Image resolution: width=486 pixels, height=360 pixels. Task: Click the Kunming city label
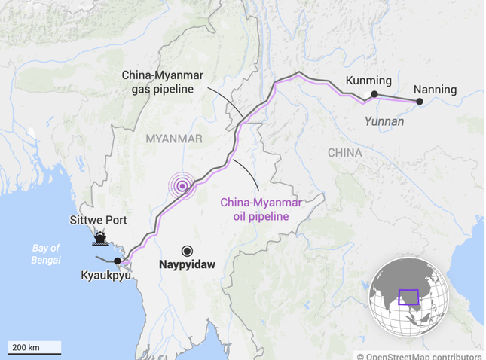point(368,81)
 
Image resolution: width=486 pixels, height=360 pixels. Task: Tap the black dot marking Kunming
point(374,94)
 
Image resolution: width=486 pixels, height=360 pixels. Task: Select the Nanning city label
point(436,90)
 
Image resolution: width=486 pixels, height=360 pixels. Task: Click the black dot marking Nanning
point(420,101)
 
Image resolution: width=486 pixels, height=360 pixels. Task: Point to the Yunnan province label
point(384,121)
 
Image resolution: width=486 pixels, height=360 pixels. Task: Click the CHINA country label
point(344,153)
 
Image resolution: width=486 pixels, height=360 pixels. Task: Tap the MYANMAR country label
point(174,139)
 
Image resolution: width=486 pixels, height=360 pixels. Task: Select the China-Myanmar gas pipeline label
point(157,82)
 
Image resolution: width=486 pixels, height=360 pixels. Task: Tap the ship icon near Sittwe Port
point(99,239)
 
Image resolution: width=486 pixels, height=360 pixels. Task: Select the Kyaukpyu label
point(105,275)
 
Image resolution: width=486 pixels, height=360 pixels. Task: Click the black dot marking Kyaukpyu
point(118,261)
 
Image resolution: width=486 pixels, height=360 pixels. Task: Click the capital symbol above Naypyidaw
point(187,251)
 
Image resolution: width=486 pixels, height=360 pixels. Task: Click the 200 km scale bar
point(35,349)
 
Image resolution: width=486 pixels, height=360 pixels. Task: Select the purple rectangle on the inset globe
point(408,297)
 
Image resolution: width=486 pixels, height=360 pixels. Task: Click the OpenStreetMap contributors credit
point(419,355)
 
